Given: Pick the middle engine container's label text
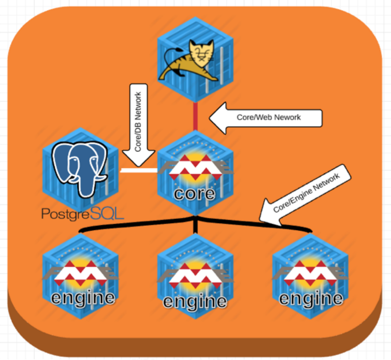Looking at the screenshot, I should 195,301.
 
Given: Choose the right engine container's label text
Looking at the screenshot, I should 311,298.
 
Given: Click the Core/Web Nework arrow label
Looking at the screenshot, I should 269,117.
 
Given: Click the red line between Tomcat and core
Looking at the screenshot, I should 195,116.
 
